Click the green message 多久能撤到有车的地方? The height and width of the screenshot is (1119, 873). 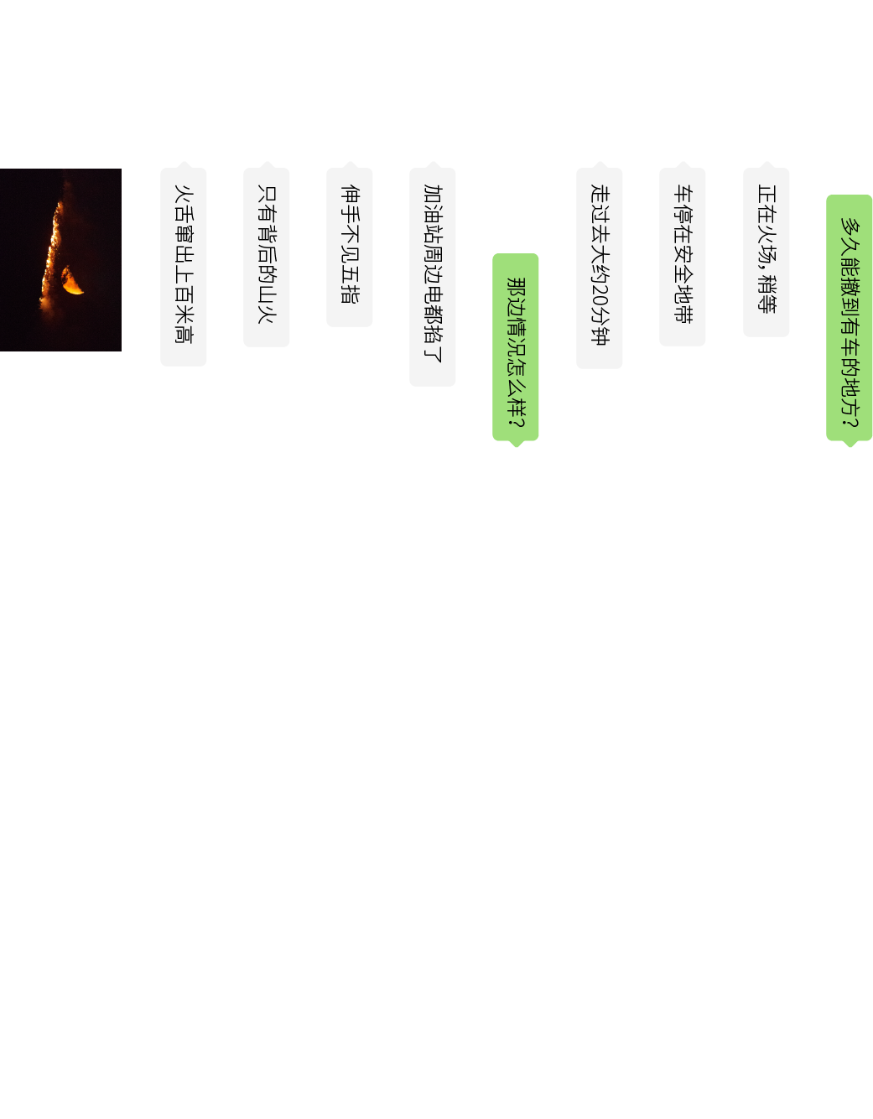coord(849,317)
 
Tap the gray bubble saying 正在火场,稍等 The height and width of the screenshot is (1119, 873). coord(766,252)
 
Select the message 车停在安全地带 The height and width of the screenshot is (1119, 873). coord(682,257)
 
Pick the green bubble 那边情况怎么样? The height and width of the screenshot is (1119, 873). coord(515,346)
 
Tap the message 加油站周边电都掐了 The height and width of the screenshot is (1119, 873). coord(433,277)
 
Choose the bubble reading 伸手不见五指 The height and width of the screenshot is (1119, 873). coord(349,247)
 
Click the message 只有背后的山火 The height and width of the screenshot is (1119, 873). coord(266,257)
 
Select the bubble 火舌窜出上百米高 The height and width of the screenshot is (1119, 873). coord(184,267)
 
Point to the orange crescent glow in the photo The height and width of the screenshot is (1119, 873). coord(72,281)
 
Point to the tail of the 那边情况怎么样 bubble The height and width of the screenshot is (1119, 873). coord(517,444)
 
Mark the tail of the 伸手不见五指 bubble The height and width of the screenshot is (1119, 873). coord(350,164)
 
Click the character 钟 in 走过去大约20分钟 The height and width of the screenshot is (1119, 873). coord(600,336)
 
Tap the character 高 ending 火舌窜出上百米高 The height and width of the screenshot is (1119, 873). coord(184,333)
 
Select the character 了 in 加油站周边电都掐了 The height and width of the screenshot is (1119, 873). coord(433,353)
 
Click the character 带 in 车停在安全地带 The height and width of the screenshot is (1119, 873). coord(683,314)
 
